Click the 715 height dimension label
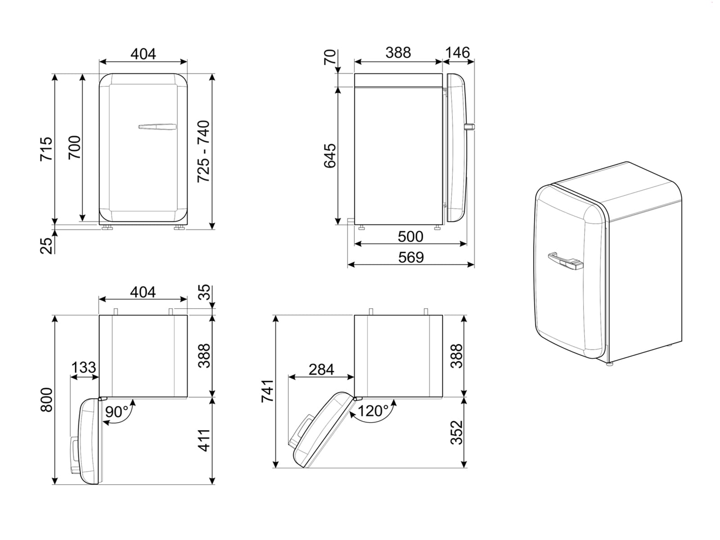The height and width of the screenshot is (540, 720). (46, 148)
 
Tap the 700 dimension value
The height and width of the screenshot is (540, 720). (74, 147)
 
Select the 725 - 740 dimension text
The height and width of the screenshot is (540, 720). (203, 151)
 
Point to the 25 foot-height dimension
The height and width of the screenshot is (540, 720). (47, 245)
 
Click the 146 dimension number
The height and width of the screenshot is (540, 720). (457, 53)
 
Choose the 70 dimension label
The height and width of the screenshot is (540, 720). (330, 58)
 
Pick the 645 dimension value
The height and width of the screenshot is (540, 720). (330, 156)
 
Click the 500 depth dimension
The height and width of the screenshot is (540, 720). (410, 236)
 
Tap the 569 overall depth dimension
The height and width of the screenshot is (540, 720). (411, 257)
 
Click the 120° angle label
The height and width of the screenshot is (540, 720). (373, 410)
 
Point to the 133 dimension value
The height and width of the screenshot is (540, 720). (84, 367)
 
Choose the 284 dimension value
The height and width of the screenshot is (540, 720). (321, 369)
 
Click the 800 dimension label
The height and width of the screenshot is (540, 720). (46, 400)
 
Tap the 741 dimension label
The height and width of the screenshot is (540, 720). (267, 391)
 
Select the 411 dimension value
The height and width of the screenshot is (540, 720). (204, 441)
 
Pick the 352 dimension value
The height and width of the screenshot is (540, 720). (457, 432)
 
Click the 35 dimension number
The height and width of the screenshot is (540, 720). (204, 292)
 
